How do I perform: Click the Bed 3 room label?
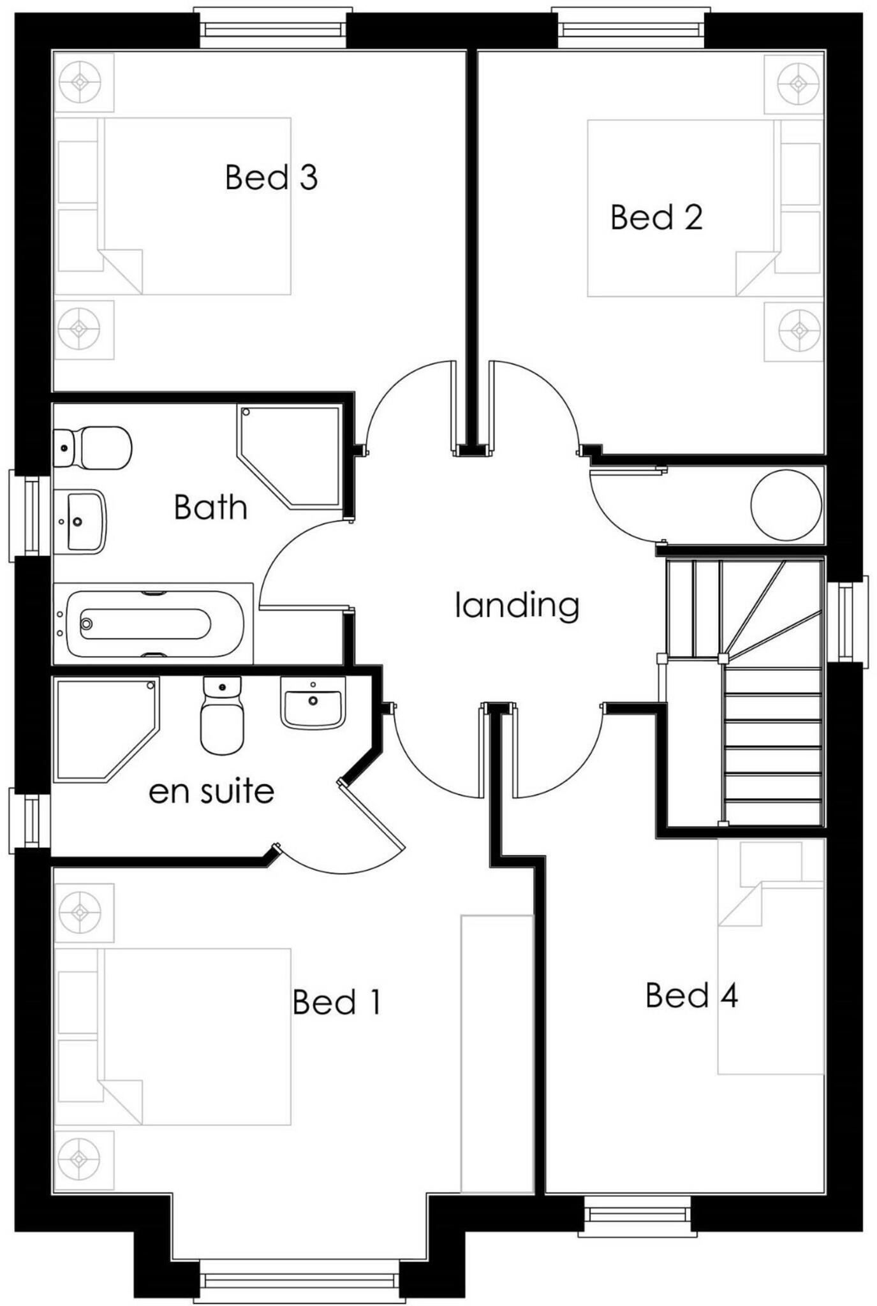[271, 177]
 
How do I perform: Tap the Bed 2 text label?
[656, 217]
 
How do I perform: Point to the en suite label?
[211, 791]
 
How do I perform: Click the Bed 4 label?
[691, 995]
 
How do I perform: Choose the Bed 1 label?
[337, 1002]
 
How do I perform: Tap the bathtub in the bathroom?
[153, 624]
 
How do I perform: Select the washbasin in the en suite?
[313, 703]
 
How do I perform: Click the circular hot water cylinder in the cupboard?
[786, 506]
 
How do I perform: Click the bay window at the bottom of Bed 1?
[298, 1280]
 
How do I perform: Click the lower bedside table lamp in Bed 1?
[80, 1159]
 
